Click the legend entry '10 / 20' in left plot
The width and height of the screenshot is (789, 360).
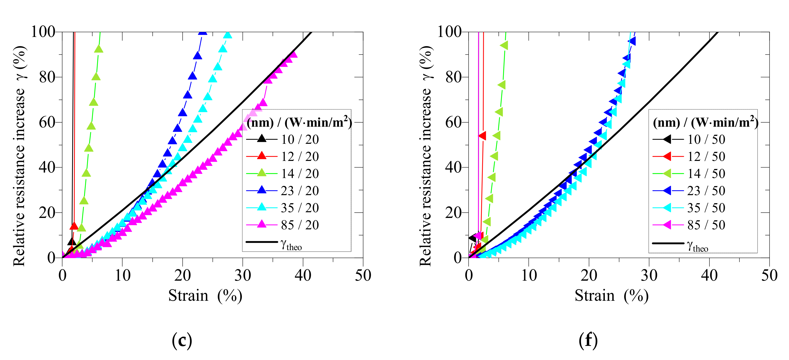point(300,139)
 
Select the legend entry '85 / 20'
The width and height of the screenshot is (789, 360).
point(300,225)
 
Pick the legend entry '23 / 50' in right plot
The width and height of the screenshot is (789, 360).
point(706,191)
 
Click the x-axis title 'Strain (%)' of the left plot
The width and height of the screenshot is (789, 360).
point(205,296)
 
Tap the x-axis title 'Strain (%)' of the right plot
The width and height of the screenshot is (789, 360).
point(611,296)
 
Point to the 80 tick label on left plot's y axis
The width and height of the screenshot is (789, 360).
point(47,77)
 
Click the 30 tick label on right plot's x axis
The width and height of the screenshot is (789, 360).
point(649,275)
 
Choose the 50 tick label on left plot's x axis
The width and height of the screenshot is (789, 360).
point(363,275)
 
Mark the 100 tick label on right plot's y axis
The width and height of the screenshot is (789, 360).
point(449,32)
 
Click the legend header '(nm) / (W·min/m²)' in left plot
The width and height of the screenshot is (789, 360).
point(299,122)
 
